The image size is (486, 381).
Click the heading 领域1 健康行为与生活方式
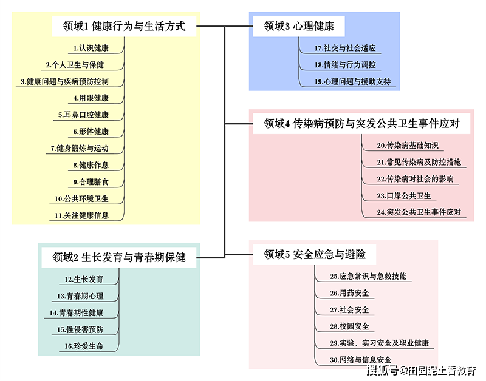coord(125,26)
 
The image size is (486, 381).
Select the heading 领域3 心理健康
coord(299,26)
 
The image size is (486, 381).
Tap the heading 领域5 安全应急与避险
coord(315,254)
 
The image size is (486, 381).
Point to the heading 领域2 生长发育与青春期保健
coord(119,257)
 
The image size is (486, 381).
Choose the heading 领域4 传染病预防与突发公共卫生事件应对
coord(361,124)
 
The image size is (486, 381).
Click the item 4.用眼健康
coord(91,98)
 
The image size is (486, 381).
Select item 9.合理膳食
coord(91,181)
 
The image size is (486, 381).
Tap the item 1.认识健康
coord(91,48)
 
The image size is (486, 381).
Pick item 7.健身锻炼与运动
coord(80,148)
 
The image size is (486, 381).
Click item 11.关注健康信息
coord(81,215)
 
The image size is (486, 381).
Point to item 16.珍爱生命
coord(84,346)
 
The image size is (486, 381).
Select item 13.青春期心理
coord(80,296)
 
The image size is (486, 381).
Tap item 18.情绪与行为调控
coord(345,65)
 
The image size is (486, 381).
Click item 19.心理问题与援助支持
coord(352,81)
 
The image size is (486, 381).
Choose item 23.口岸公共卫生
coord(404,195)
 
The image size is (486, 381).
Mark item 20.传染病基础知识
coord(408,145)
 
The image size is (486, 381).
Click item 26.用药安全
coord(349,293)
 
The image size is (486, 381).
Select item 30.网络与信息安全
coord(360,360)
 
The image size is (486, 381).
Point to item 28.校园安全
coord(349,326)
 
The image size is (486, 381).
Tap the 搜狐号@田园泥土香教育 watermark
coord(422,370)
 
